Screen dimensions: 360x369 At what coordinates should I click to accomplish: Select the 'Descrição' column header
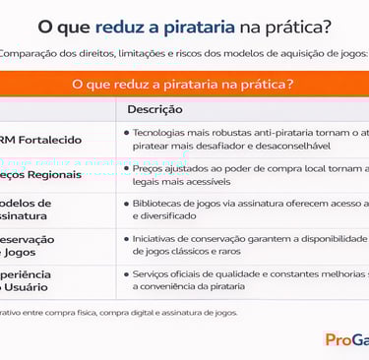click(x=154, y=109)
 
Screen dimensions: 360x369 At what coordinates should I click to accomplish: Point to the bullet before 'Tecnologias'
click(x=127, y=131)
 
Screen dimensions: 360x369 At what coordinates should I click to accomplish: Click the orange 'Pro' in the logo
click(x=338, y=339)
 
